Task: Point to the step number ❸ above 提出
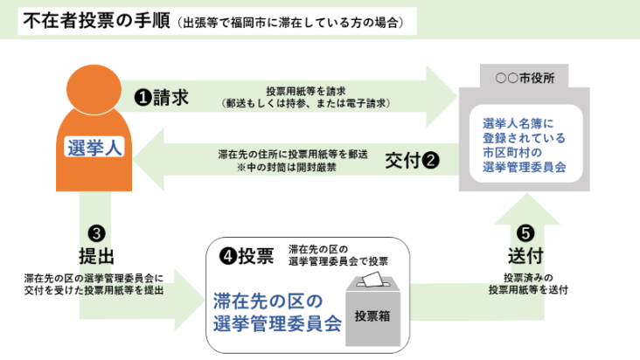pos(97,233)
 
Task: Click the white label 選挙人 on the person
pos(94,148)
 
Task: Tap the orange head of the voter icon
pos(94,94)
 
